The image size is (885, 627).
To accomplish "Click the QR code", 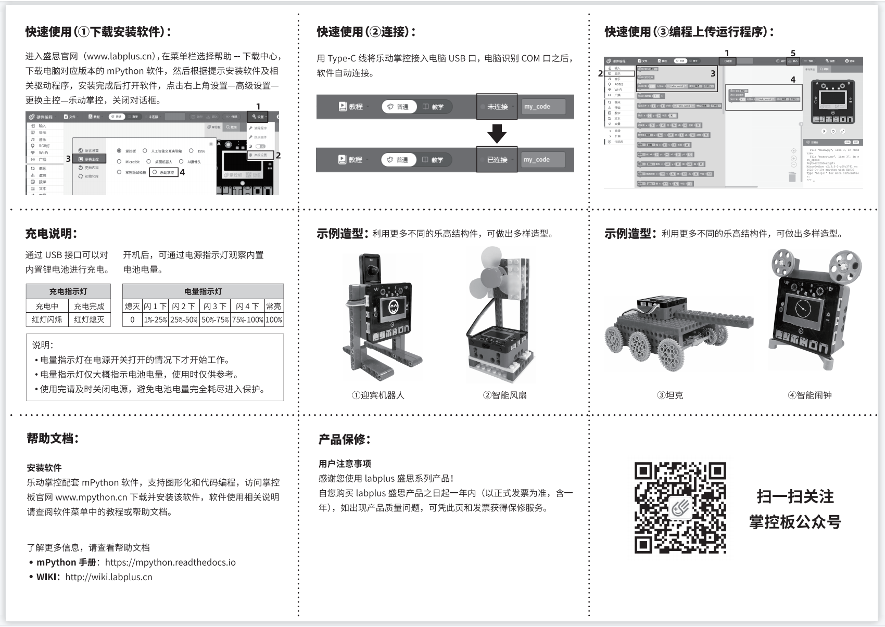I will click(x=680, y=507).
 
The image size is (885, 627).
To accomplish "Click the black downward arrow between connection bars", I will click(x=497, y=133).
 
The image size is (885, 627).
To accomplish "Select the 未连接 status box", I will click(x=497, y=107).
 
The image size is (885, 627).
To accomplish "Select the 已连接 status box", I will click(x=497, y=160).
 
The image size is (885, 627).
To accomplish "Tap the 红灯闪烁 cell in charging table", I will click(x=47, y=319).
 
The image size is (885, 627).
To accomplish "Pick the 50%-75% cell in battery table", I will click(x=215, y=319).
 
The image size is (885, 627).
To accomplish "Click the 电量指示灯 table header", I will click(x=203, y=291).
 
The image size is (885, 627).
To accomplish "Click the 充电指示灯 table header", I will click(x=68, y=291).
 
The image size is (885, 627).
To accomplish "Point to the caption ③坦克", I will click(x=670, y=395).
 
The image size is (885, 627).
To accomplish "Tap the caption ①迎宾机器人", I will click(x=378, y=395).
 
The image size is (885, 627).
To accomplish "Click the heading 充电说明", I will click(x=51, y=234).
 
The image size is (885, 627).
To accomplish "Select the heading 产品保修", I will click(x=344, y=440).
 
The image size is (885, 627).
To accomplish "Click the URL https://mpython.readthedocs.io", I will click(x=170, y=562).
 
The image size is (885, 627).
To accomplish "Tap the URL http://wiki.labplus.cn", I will click(x=109, y=577).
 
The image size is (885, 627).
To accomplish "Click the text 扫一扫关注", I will click(x=795, y=497).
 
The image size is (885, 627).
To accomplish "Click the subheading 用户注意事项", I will click(x=345, y=464).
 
